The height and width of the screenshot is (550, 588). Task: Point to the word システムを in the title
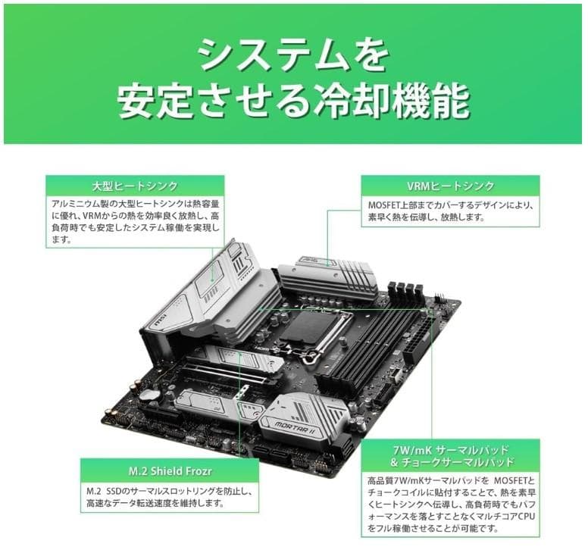click(293, 56)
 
